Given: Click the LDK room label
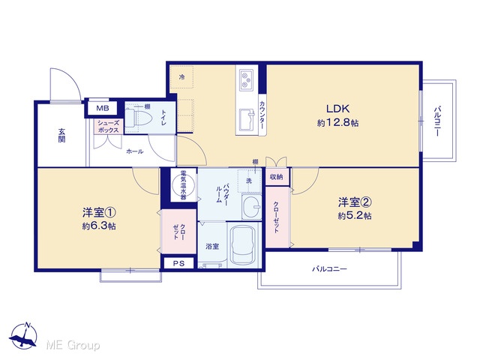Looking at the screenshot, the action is tap(337, 109).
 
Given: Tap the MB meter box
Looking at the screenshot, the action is tap(102, 108).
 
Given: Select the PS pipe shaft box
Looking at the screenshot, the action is tap(178, 263).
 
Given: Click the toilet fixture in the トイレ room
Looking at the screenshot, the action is tap(138, 118).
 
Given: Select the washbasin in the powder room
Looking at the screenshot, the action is tap(251, 207).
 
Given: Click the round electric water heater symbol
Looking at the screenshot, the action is tap(183, 185).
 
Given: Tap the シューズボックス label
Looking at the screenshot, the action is tap(108, 127).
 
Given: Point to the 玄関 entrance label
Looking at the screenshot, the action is tap(61, 135).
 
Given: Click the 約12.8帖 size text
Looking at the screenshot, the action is tap(337, 123).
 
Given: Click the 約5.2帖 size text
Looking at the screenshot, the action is tap(355, 216).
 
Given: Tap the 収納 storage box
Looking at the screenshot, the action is tap(277, 177).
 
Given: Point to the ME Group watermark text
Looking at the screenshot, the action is tap(73, 345).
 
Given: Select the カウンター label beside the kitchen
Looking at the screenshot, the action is tap(262, 115).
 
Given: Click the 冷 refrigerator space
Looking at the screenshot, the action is tap(181, 77).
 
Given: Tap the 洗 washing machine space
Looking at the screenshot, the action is tap(249, 181).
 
